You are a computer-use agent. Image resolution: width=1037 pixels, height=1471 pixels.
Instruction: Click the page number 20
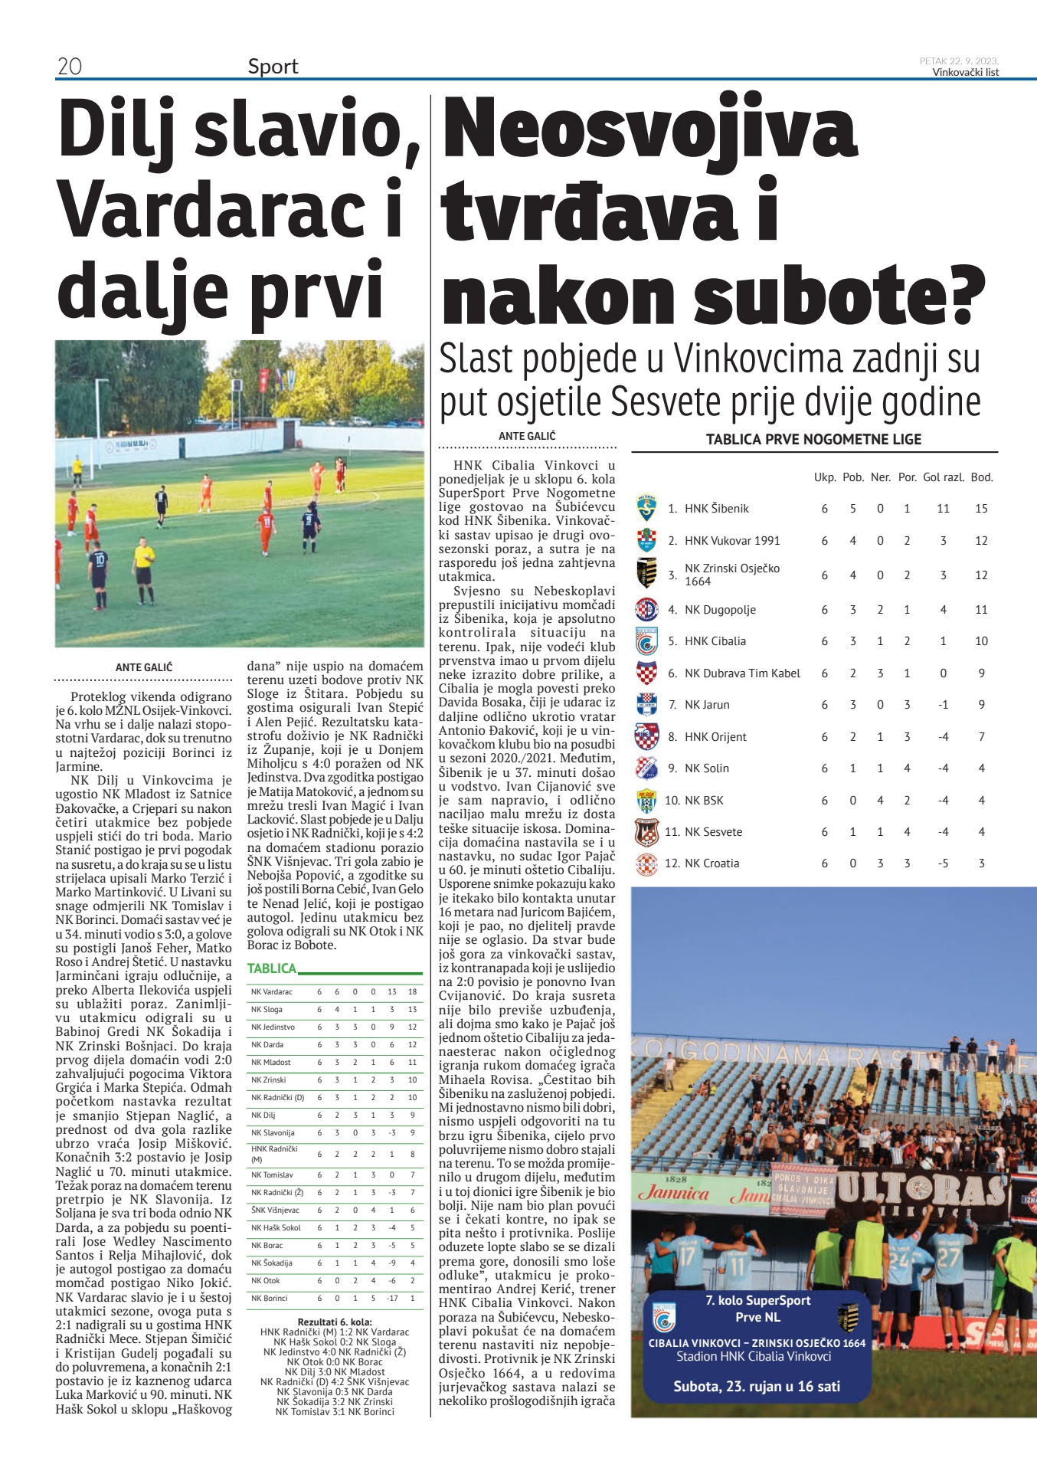click(70, 67)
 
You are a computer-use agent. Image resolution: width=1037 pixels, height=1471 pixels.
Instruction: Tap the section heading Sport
click(273, 67)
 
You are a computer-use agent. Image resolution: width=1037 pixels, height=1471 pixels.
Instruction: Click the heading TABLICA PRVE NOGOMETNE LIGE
click(813, 440)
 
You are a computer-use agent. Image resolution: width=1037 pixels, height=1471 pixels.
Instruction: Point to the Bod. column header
click(981, 477)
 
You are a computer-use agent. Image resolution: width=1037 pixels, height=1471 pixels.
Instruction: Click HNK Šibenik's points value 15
click(981, 509)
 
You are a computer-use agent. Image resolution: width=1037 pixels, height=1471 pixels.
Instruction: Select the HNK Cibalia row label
click(715, 641)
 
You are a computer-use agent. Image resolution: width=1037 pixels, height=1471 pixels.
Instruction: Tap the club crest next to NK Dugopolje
click(647, 610)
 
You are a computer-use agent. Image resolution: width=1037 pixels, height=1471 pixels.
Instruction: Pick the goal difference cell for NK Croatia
click(943, 863)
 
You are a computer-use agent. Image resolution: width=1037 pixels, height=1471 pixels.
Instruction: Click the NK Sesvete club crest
click(647, 832)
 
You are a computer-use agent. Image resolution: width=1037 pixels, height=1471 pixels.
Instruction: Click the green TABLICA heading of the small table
click(271, 968)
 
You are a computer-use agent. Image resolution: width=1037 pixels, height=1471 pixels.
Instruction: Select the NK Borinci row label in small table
click(270, 1298)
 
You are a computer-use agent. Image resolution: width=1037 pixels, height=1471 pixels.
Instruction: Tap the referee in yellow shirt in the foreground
click(143, 569)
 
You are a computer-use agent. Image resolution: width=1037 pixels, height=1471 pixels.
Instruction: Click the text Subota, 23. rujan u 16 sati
click(757, 1386)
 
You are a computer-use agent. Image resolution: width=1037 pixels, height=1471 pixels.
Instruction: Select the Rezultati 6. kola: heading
click(335, 1322)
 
